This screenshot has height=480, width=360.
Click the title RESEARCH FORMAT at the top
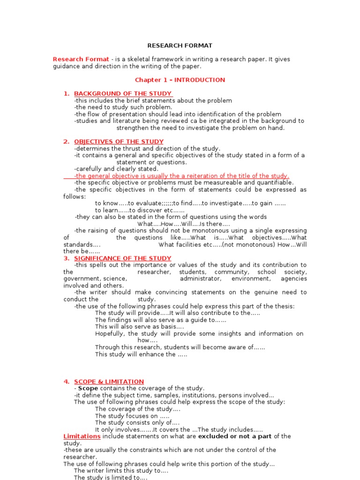click(x=180, y=46)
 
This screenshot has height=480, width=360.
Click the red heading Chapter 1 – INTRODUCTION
click(x=180, y=80)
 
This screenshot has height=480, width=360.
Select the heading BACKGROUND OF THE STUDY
click(x=123, y=94)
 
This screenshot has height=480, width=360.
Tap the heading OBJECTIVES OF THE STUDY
click(x=119, y=142)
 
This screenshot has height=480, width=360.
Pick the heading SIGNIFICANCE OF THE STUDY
click(x=122, y=258)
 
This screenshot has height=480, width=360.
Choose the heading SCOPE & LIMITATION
click(x=109, y=382)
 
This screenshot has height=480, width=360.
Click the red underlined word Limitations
click(x=82, y=436)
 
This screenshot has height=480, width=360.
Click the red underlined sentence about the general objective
click(x=182, y=176)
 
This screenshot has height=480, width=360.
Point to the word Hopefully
click(x=110, y=334)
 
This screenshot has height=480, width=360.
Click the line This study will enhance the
click(x=141, y=354)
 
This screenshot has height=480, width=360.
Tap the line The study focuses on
click(x=132, y=416)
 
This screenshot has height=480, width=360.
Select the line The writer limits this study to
click(x=121, y=471)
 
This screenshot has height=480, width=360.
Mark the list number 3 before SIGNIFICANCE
click(x=67, y=258)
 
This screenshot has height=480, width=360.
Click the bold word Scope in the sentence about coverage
click(x=88, y=389)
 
